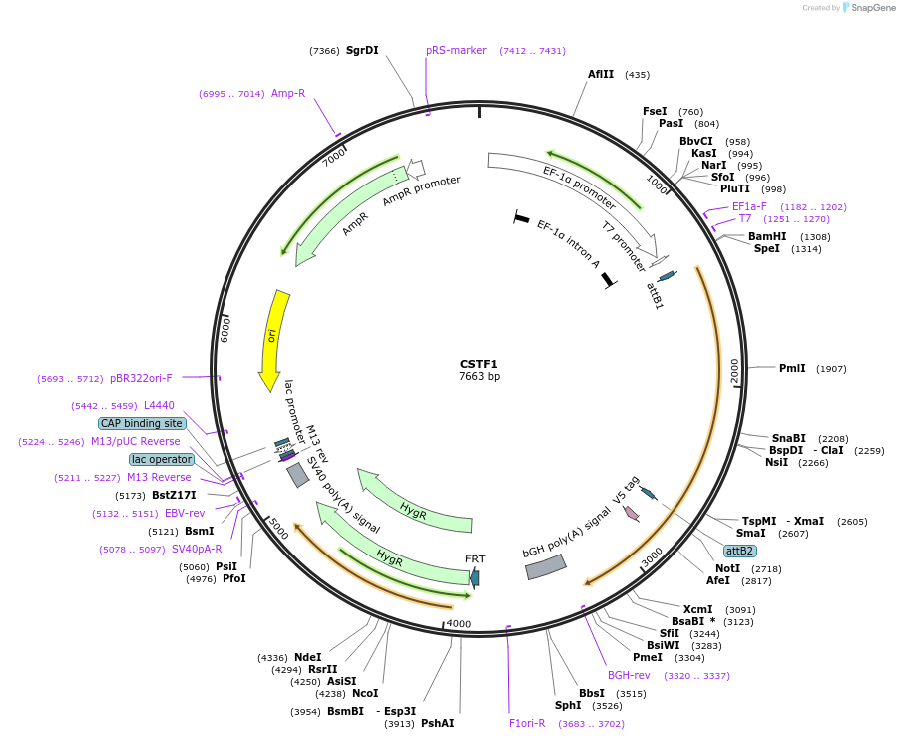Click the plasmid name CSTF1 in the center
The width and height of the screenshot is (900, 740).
click(479, 364)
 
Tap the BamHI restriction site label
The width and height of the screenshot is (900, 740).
click(767, 236)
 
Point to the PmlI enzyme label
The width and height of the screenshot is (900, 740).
click(792, 368)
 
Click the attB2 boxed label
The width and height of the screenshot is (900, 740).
click(739, 551)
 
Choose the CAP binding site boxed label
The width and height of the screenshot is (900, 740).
click(141, 423)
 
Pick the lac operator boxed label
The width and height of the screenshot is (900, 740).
click(161, 459)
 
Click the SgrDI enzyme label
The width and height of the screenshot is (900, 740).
click(362, 50)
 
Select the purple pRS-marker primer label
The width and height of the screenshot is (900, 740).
click(456, 50)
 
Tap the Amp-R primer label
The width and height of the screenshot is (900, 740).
click(288, 93)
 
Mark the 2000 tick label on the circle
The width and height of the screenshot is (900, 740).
click(734, 369)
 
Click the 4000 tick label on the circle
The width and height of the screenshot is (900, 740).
click(458, 624)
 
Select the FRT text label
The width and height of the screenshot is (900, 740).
click(475, 559)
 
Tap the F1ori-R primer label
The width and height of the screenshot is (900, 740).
click(527, 723)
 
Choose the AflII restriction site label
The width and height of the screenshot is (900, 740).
click(601, 74)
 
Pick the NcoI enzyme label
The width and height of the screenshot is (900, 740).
click(365, 693)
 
